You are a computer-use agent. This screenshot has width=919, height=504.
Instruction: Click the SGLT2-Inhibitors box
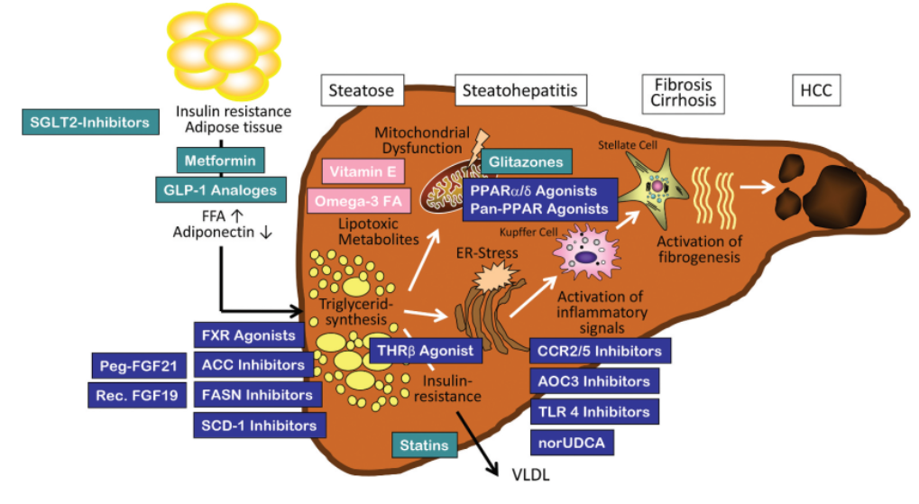(x=90, y=122)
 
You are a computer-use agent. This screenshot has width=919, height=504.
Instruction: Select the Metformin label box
(x=220, y=160)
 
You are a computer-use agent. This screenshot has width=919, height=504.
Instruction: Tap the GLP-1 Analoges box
(x=220, y=190)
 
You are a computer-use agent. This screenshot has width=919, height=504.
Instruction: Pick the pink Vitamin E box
(x=363, y=171)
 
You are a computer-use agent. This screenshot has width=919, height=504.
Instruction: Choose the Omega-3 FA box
(x=359, y=201)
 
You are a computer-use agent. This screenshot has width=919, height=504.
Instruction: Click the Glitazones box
(x=527, y=161)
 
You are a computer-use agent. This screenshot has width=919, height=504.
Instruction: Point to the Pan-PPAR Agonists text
(x=539, y=209)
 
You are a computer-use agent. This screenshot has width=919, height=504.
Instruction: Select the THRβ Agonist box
(x=426, y=351)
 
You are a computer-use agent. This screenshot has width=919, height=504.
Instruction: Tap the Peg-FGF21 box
(x=139, y=366)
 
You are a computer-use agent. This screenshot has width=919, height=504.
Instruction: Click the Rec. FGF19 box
(x=137, y=396)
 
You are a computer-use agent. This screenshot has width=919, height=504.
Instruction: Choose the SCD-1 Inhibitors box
(x=260, y=426)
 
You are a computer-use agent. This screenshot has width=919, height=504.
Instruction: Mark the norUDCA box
(x=572, y=443)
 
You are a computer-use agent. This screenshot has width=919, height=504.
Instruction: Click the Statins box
(x=425, y=445)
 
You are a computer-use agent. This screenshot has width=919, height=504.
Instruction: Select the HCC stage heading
(x=816, y=90)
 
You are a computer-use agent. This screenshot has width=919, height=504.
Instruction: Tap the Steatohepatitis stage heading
(x=520, y=90)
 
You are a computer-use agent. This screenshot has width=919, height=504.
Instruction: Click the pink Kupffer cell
(x=586, y=253)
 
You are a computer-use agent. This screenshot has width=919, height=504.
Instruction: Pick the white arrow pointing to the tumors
(x=758, y=187)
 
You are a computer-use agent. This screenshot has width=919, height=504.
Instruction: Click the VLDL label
(x=531, y=474)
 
